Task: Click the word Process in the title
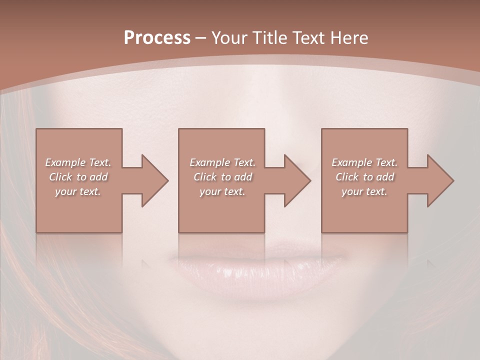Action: click(157, 38)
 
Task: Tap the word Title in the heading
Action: click(269, 38)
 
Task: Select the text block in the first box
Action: click(78, 177)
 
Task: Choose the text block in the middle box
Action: click(222, 177)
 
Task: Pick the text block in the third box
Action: click(364, 177)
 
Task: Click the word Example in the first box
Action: click(64, 162)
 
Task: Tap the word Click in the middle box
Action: click(205, 177)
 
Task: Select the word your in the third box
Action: click(352, 191)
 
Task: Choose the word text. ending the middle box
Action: click(235, 191)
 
